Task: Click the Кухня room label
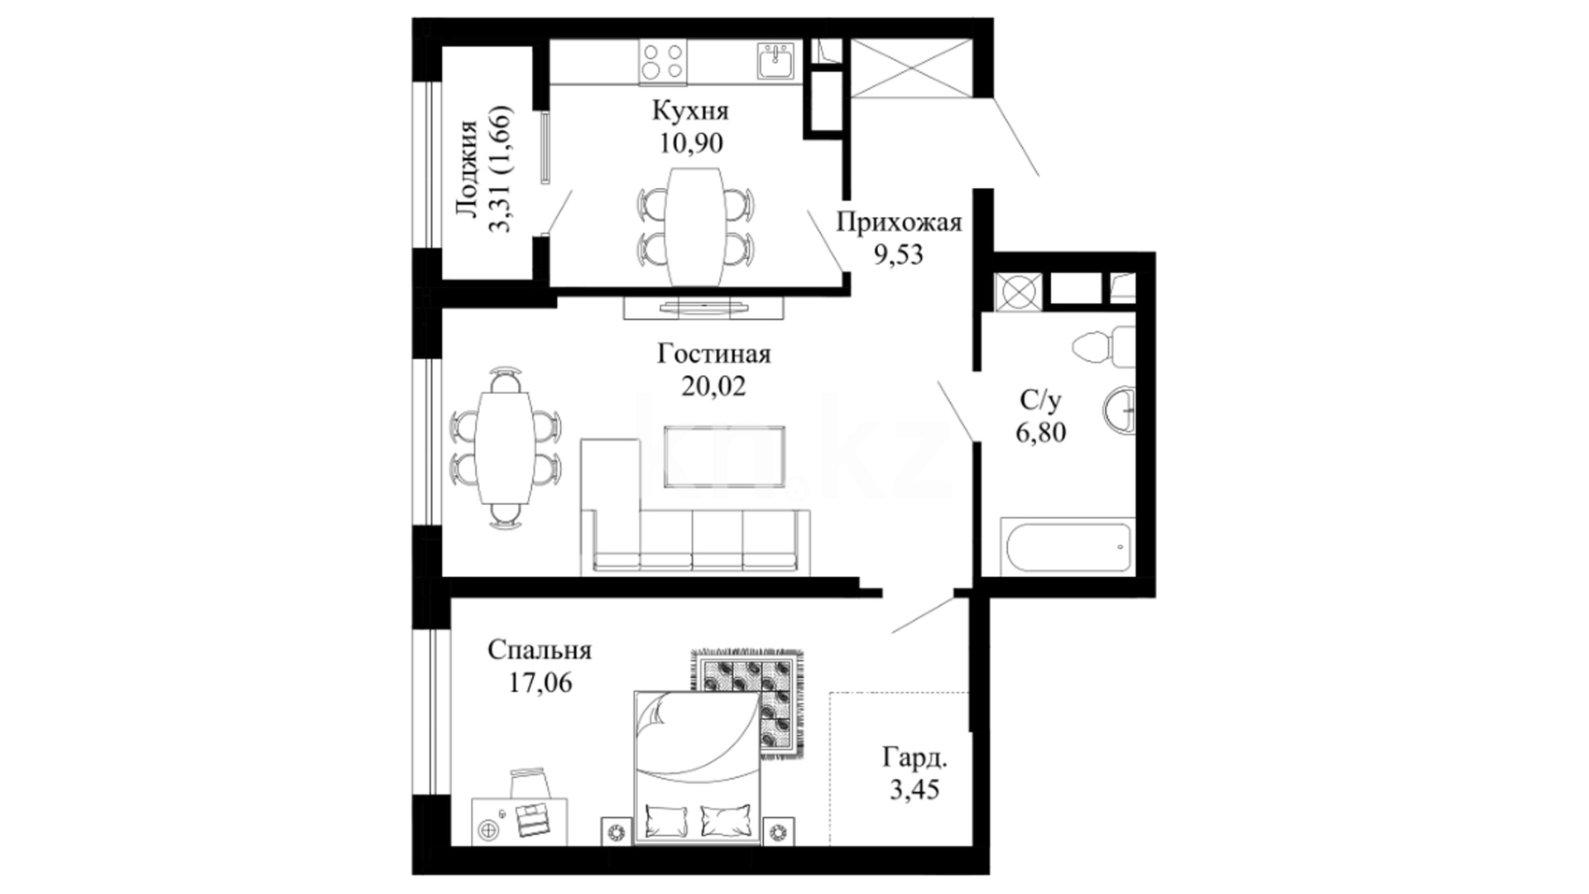[690, 111]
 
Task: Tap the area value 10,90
[690, 143]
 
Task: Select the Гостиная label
[714, 354]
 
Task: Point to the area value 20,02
[713, 386]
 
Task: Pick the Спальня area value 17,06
[540, 683]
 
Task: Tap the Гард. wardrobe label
[915, 757]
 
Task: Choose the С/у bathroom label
[1040, 401]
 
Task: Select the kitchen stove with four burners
[663, 62]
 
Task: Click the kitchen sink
[776, 60]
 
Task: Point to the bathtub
[1066, 547]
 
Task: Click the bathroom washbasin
[1119, 410]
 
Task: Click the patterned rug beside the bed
[747, 702]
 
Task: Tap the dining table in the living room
[505, 447]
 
